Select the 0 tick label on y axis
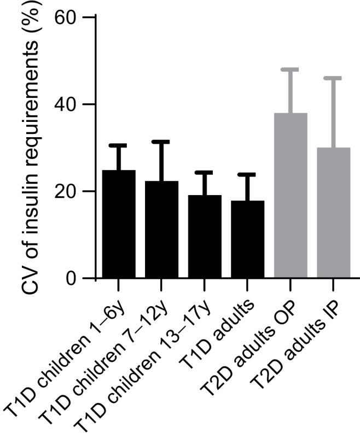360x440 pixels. click(74, 279)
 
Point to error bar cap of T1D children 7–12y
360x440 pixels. click(161, 142)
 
